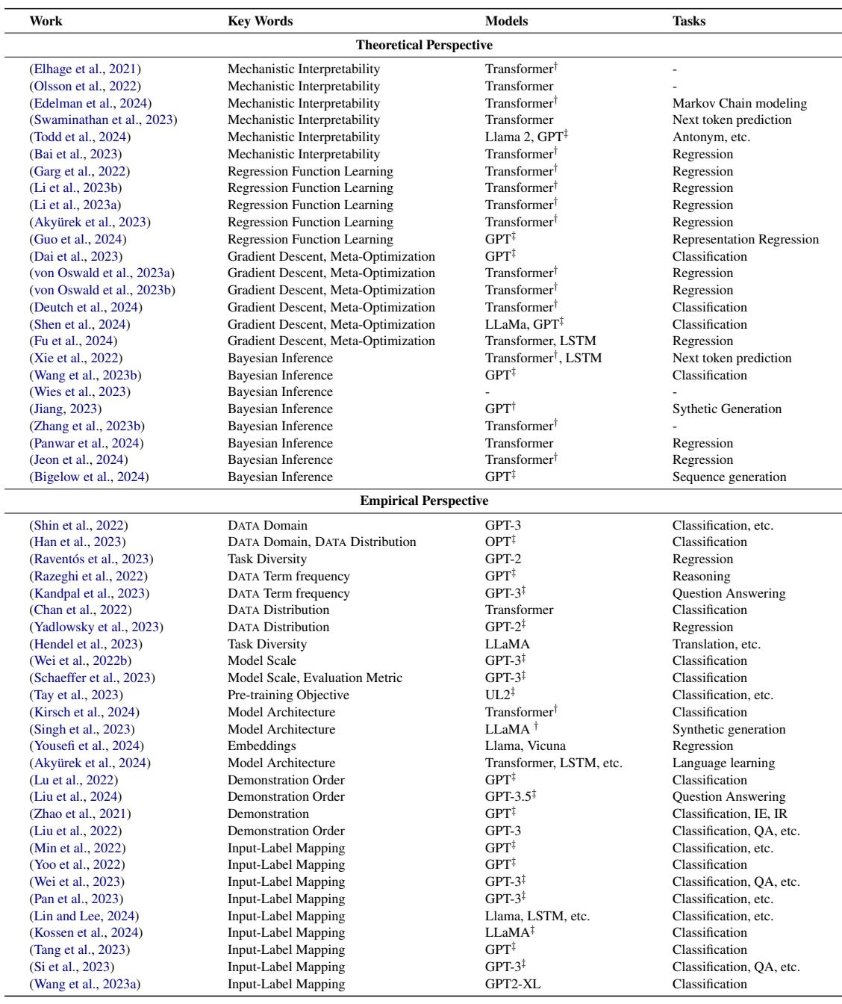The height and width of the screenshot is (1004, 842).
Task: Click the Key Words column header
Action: tap(260, 21)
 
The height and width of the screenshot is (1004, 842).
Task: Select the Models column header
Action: tap(506, 21)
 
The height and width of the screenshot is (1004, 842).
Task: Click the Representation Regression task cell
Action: tap(745, 239)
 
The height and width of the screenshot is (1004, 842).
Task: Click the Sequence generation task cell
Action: tap(729, 477)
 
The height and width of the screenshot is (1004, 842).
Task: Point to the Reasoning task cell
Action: tap(701, 576)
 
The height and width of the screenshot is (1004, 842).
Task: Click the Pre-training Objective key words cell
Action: tap(288, 695)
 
